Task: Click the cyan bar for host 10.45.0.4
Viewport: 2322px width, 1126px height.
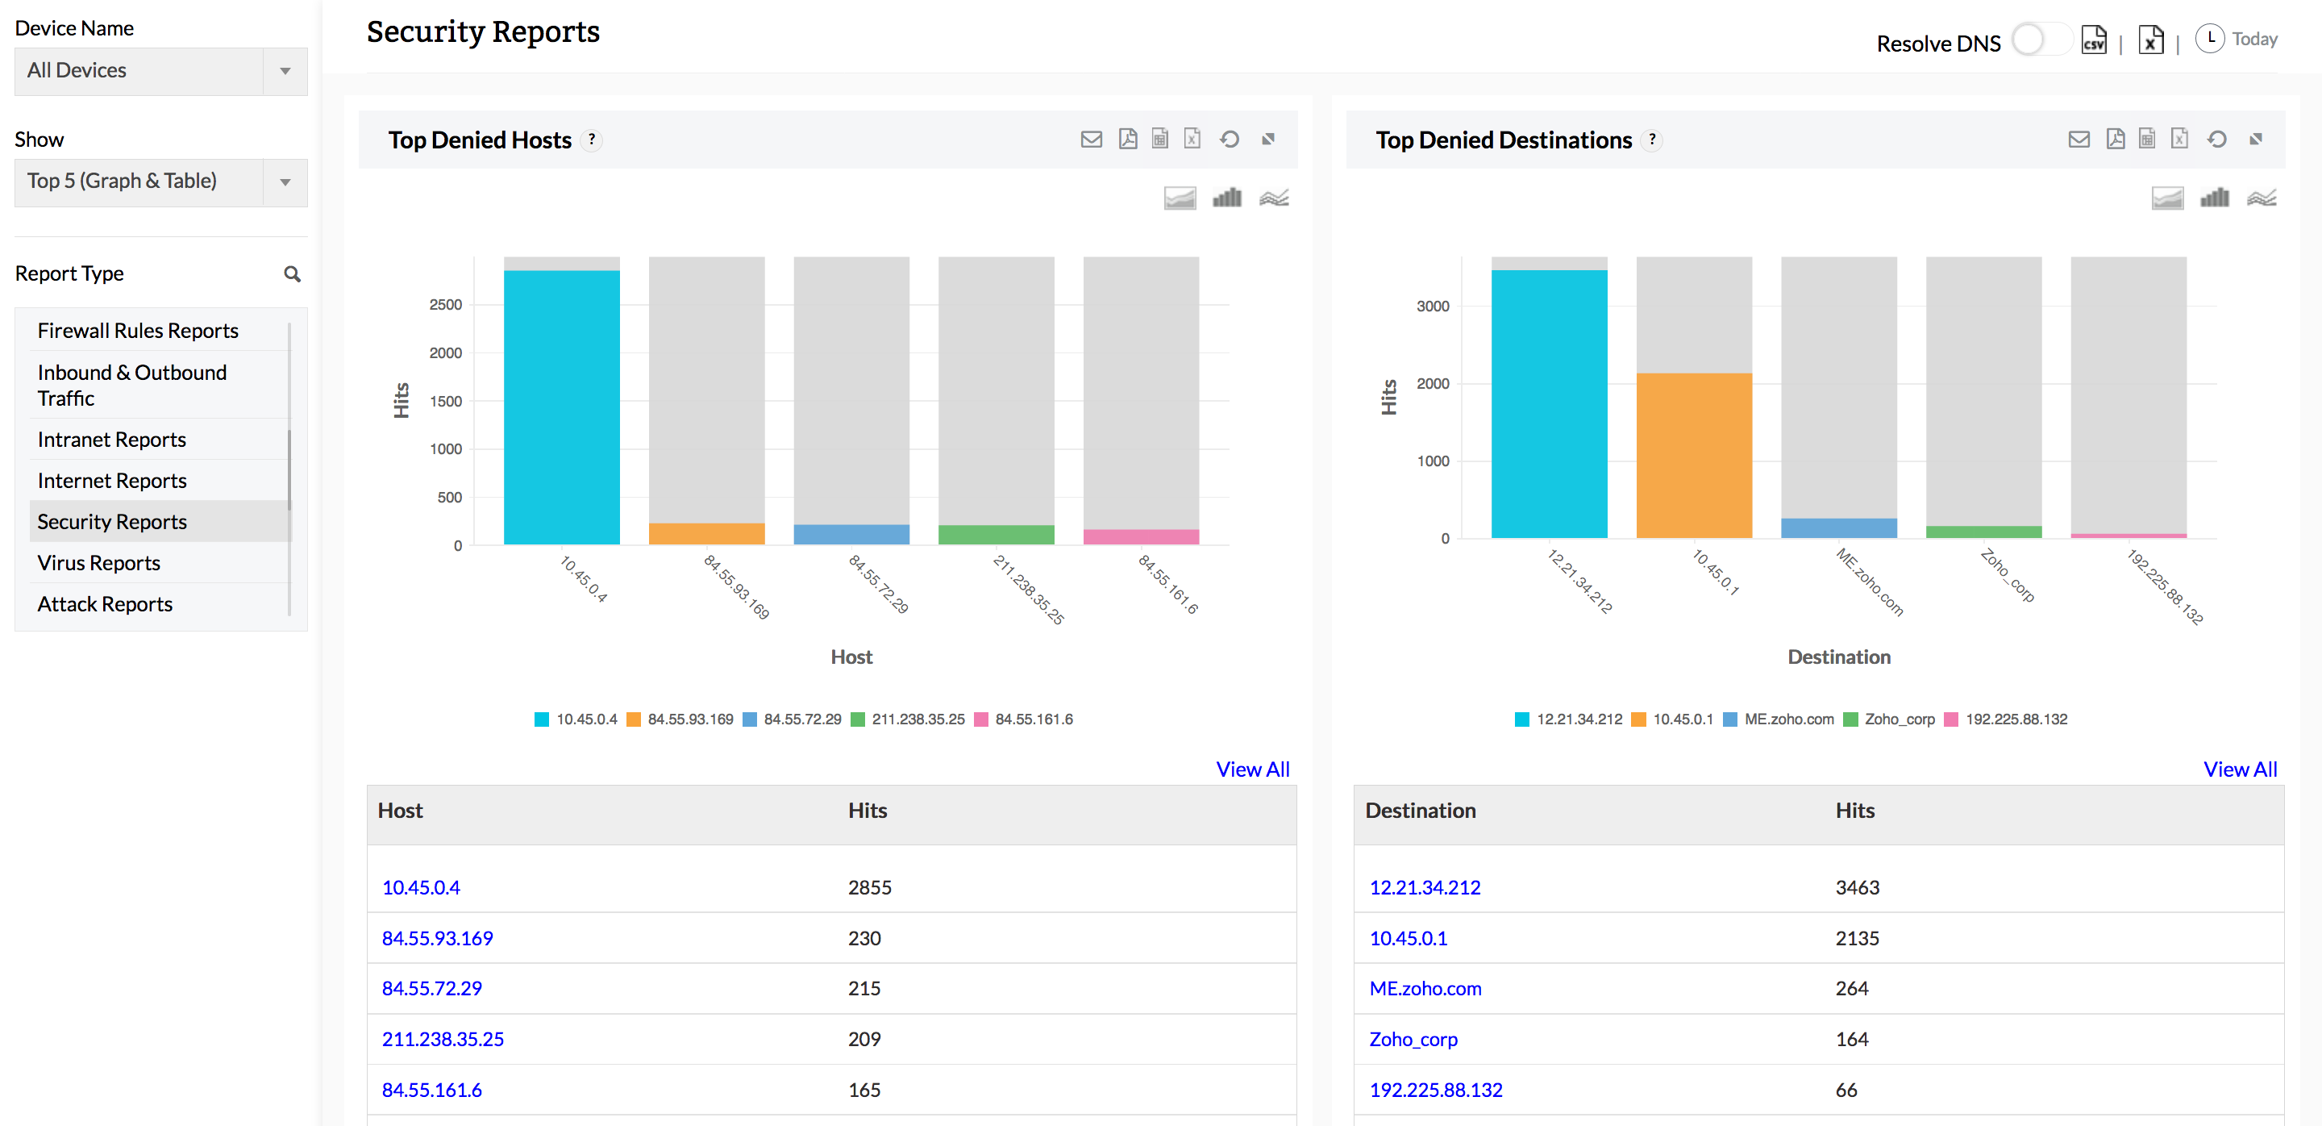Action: coord(562,406)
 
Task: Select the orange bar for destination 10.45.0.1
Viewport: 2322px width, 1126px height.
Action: coord(1694,455)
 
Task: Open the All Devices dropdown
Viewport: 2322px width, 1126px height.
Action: coord(160,70)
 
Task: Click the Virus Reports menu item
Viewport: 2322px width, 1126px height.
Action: coord(99,562)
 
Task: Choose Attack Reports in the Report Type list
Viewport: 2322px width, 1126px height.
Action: coord(105,604)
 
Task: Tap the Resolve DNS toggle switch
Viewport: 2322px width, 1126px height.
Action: coord(2039,40)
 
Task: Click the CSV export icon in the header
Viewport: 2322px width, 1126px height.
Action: coord(2093,40)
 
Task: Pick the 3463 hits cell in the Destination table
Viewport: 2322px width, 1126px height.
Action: coord(1857,887)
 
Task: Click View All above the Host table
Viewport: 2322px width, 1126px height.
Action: coord(1252,769)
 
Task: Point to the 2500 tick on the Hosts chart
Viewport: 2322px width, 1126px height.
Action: coord(445,305)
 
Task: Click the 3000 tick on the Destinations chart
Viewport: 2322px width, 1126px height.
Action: coord(1433,307)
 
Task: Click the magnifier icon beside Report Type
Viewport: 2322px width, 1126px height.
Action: coord(292,274)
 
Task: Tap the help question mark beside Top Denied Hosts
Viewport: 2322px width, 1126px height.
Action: coord(591,140)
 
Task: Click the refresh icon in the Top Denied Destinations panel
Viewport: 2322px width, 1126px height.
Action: coord(2216,139)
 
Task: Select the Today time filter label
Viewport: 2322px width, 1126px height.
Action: coord(2254,39)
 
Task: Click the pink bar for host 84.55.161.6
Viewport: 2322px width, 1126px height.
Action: coord(1140,536)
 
